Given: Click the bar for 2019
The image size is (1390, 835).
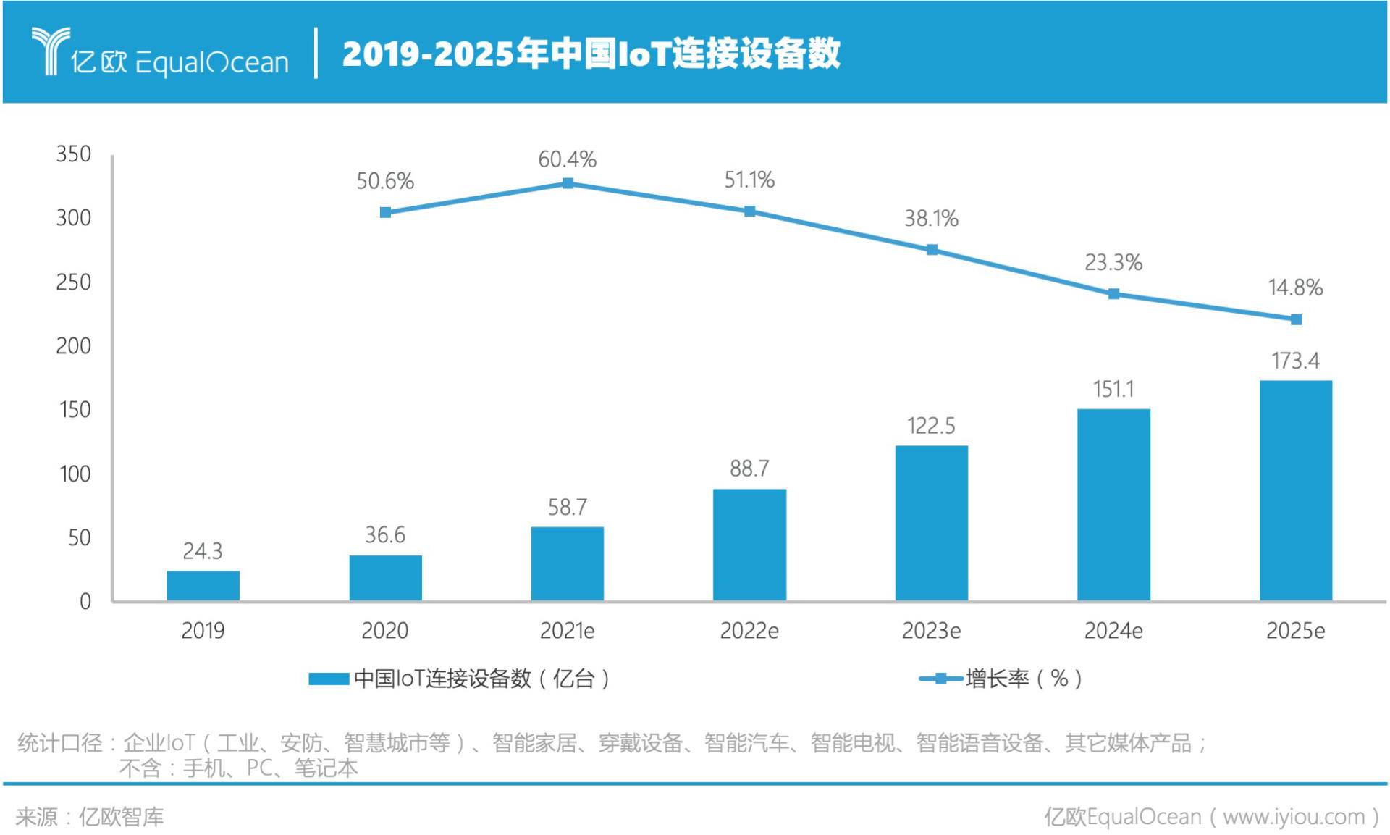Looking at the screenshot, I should [203, 585].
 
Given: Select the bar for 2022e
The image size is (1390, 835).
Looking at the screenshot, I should [749, 545].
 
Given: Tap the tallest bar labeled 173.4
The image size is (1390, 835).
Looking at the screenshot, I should [1295, 490].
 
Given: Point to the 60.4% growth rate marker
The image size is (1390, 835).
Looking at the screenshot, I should [568, 183].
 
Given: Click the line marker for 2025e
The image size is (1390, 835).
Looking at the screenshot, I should [1296, 319].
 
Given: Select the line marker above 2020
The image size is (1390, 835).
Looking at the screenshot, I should [385, 212].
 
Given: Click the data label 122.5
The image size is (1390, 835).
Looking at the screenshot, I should [931, 426].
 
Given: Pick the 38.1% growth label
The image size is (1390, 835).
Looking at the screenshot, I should [931, 218].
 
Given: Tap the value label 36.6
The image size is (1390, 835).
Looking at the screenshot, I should [385, 535].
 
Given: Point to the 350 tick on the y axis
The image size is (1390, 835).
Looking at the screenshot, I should [74, 154].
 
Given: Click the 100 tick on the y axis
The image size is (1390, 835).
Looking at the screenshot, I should [75, 474].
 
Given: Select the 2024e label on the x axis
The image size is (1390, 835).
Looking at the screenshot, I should [1113, 631].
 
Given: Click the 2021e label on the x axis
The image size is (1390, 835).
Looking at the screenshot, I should [567, 631].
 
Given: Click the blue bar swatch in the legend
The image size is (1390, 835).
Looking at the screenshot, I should [329, 679].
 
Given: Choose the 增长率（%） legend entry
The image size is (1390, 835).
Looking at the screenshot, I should [1022, 679].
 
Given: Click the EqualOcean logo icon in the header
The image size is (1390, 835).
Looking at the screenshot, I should [51, 51].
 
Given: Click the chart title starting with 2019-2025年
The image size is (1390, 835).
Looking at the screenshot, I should [591, 54].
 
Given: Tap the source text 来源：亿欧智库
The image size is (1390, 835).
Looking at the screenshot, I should [90, 817].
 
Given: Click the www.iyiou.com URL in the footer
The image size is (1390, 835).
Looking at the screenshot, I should [1293, 817].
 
